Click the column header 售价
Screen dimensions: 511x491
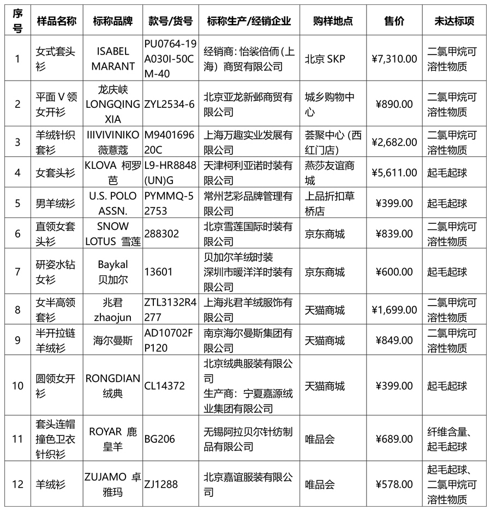[x=394, y=21]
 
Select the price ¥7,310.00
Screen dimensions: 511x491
[x=394, y=59]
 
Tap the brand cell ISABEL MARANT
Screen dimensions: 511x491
[x=113, y=59]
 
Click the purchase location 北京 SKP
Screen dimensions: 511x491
[x=325, y=59]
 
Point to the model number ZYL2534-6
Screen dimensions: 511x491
[x=169, y=104]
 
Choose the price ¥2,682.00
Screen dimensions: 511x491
[x=394, y=142]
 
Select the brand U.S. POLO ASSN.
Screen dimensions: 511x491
[x=113, y=203]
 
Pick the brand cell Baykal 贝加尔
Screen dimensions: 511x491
[x=113, y=271]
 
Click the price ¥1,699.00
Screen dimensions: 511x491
[x=394, y=309]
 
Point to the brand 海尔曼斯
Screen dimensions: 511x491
[x=113, y=340]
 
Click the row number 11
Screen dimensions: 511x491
[x=17, y=439]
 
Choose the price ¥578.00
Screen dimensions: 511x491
[x=394, y=484]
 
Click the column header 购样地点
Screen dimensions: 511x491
[x=333, y=21]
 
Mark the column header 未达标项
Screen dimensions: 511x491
[x=454, y=21]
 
